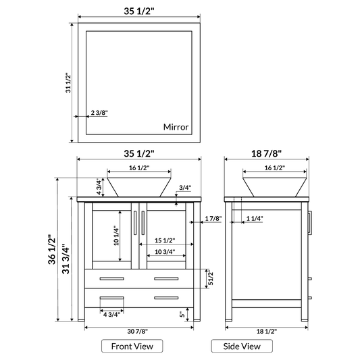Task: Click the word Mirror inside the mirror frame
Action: coord(176,127)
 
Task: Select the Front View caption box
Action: coord(132,346)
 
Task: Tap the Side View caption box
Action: coord(242,346)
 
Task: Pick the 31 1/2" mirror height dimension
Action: coord(68,84)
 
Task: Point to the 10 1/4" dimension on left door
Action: coord(115,234)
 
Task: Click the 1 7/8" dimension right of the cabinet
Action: coord(213,218)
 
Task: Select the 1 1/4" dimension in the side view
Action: coord(255,218)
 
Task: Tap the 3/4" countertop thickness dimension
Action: coord(185,188)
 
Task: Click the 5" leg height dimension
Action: coord(182,314)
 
